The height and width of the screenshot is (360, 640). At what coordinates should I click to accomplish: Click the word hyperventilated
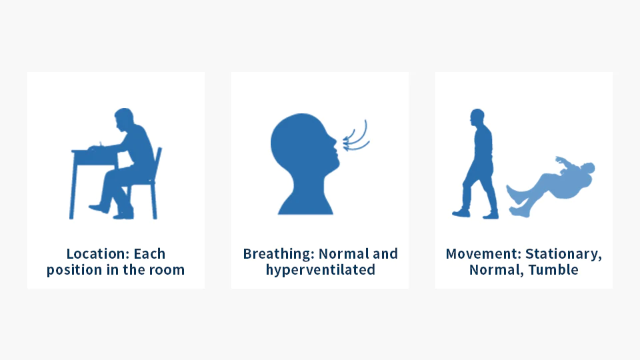[x=321, y=270]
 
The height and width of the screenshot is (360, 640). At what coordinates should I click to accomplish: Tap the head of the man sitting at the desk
[x=124, y=119]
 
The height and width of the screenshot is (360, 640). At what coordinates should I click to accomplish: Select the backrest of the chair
[x=157, y=163]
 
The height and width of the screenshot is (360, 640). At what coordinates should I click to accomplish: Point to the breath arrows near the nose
[x=355, y=136]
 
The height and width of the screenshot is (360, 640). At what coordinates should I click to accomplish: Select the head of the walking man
[x=477, y=117]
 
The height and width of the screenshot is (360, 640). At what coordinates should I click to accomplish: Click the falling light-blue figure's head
[x=588, y=168]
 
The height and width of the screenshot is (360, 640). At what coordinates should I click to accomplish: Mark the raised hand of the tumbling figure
[x=559, y=159]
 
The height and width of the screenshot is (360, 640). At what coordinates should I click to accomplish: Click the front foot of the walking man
[x=461, y=213]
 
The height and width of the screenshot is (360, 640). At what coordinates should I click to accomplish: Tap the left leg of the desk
[x=73, y=186]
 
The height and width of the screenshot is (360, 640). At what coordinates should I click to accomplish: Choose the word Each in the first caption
[x=149, y=254]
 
